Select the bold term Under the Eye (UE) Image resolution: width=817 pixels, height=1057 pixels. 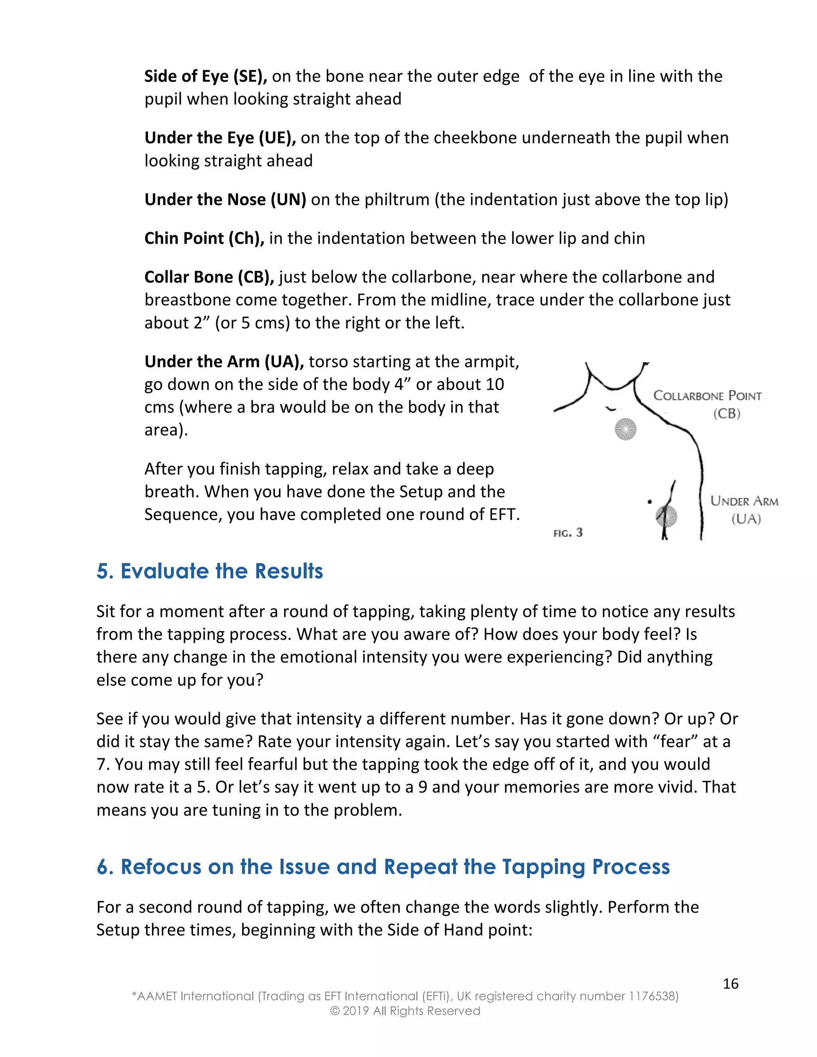220,138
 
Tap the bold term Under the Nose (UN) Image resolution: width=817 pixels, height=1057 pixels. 225,199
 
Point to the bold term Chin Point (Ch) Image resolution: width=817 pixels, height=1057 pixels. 204,238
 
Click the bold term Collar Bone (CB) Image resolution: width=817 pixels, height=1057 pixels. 209,277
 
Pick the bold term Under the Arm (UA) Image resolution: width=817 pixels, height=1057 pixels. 224,361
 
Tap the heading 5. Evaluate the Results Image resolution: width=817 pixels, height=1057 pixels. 209,571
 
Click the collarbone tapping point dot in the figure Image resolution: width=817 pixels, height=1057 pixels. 626,429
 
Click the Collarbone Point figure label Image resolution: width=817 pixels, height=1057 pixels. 708,396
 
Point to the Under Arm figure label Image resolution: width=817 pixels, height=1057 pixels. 744,501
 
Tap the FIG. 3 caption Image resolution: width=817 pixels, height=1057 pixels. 568,533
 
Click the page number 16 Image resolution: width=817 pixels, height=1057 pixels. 730,984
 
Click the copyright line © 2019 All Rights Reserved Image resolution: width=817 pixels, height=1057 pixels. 405,1011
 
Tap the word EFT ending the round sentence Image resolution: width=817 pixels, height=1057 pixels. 503,514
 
